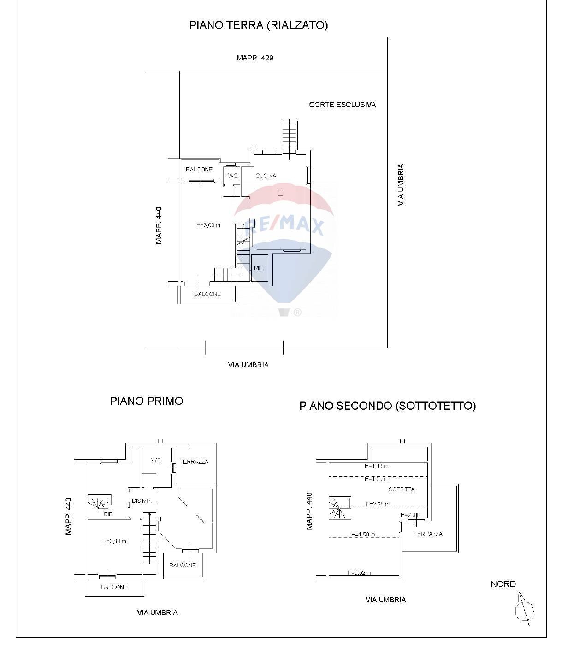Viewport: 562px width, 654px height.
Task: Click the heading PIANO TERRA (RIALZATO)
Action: (258, 25)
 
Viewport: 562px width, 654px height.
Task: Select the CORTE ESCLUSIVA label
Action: (342, 105)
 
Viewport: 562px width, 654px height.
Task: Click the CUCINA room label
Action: (266, 176)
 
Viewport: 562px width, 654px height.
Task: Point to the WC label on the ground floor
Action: (233, 176)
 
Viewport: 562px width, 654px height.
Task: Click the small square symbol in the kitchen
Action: (280, 194)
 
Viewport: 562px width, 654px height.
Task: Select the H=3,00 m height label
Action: (208, 225)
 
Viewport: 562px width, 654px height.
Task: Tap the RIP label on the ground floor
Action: (258, 268)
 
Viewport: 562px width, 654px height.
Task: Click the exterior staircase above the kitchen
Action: (289, 135)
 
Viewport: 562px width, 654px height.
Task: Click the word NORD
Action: (503, 584)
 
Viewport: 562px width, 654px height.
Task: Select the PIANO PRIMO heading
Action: (146, 401)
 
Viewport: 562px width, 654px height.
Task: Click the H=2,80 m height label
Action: (114, 541)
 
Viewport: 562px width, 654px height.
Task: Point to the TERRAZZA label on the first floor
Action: (194, 461)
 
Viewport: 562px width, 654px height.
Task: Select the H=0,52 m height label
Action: (359, 573)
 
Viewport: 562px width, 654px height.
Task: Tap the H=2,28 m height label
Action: (377, 504)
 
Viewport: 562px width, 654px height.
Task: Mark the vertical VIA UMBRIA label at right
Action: (401, 184)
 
